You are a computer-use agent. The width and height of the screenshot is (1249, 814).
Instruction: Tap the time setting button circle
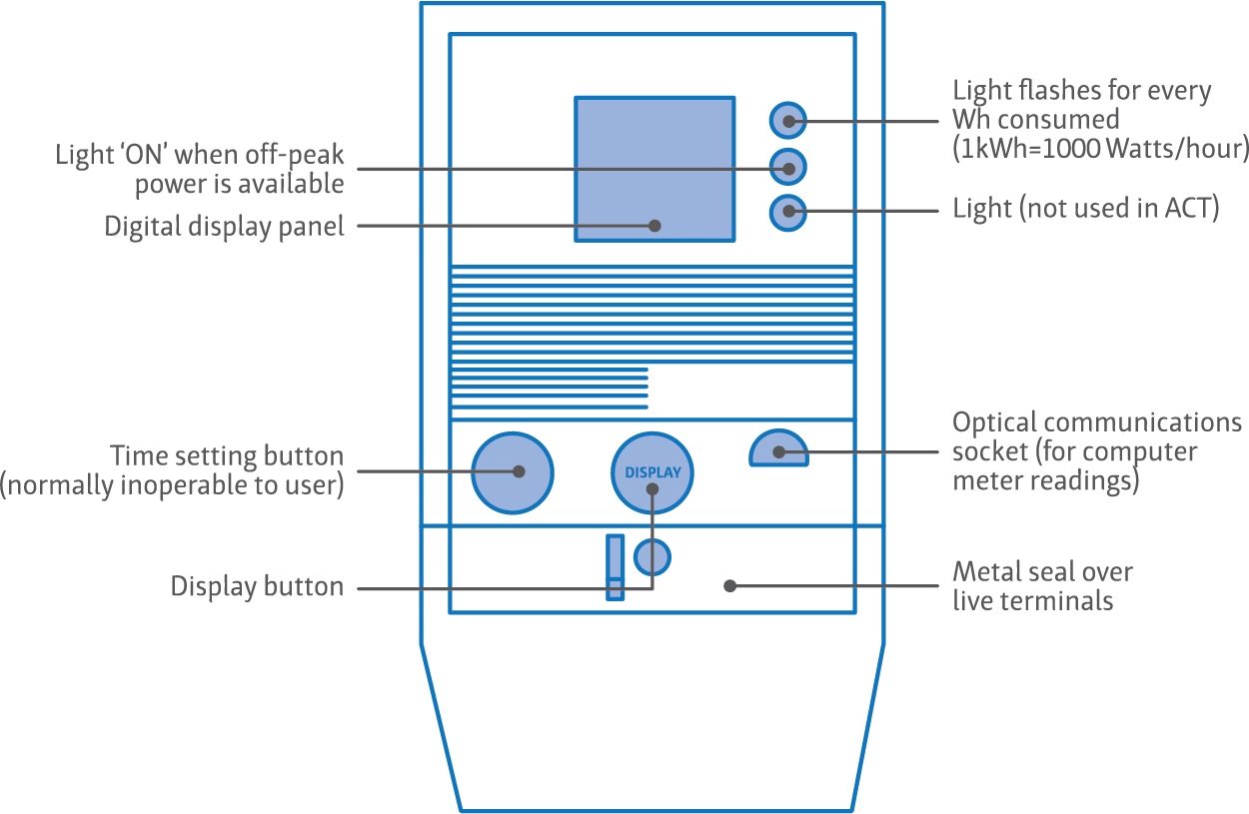[x=512, y=472]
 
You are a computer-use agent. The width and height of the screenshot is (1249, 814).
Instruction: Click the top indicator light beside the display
[x=788, y=121]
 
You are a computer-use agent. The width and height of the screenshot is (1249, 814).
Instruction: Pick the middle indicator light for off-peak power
[x=788, y=167]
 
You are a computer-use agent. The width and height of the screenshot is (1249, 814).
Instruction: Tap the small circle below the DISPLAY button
[x=652, y=557]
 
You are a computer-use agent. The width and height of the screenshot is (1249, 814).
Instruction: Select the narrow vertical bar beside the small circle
[x=616, y=566]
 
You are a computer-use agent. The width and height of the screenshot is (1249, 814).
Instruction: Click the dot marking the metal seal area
[x=729, y=585]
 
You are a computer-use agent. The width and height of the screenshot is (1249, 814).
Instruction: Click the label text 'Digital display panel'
[x=224, y=227]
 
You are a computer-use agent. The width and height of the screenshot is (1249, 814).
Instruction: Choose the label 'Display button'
[x=257, y=586]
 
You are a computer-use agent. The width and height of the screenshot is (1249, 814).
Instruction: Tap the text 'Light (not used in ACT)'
[x=1085, y=210]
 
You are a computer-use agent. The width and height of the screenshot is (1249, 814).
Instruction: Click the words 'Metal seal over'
[x=1041, y=572]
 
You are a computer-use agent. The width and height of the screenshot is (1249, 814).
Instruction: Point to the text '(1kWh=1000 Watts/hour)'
[x=1100, y=149]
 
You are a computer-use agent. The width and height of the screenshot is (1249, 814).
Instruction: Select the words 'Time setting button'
[x=228, y=456]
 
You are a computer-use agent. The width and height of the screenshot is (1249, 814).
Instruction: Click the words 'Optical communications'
[x=1096, y=422]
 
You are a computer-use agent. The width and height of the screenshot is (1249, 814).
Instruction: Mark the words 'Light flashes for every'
[x=1081, y=91]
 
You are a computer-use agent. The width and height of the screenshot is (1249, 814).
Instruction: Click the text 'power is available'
[x=239, y=184]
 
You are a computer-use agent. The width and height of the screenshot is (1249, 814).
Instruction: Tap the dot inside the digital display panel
[x=654, y=226]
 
